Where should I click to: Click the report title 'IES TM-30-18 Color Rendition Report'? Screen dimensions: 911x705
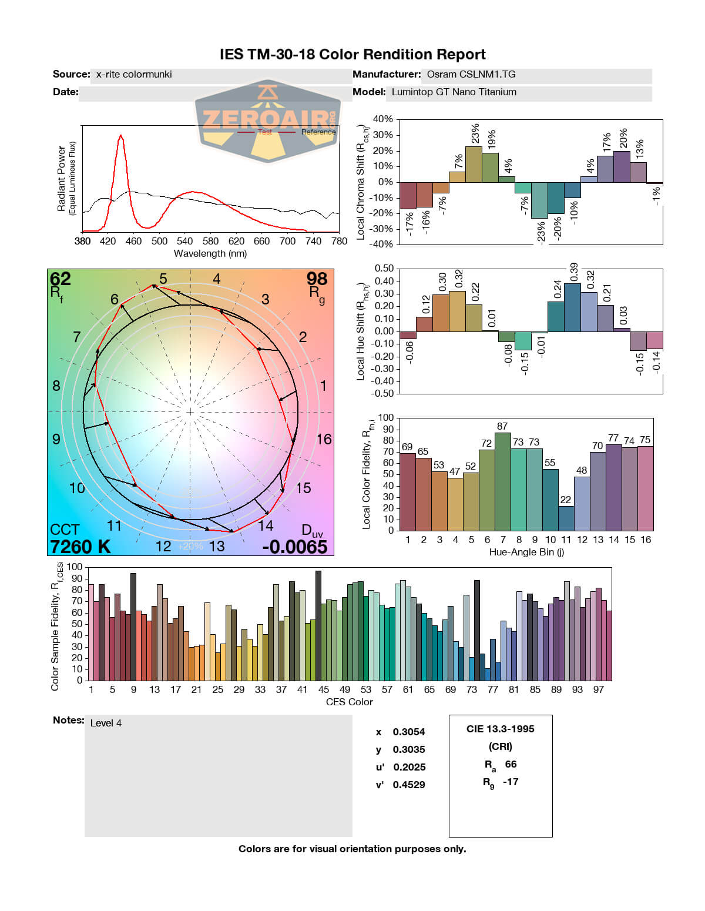coord(352,55)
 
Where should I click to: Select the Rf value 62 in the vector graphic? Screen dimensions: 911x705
coord(60,278)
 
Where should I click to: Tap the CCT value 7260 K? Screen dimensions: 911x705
coord(80,547)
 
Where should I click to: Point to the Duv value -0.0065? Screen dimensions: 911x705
coord(294,547)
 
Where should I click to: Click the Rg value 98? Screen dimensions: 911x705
coord(317,278)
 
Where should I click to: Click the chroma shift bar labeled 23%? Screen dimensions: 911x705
coord(474,164)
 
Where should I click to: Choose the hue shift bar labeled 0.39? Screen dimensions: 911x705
coord(572,307)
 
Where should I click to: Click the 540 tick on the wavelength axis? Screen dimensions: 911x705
coord(184,241)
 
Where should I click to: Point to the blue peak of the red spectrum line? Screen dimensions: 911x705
coord(120,136)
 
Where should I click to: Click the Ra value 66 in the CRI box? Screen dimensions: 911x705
coord(511,764)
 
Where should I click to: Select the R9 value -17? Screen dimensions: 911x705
coord(511,782)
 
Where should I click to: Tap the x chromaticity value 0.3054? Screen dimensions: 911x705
coord(408,732)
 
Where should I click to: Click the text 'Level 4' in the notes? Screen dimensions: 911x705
coord(106,723)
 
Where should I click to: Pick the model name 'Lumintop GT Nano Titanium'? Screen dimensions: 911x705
coord(454,92)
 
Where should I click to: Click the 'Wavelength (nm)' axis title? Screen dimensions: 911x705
coord(210,254)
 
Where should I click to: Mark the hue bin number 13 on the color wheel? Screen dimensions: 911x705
coord(217,546)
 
